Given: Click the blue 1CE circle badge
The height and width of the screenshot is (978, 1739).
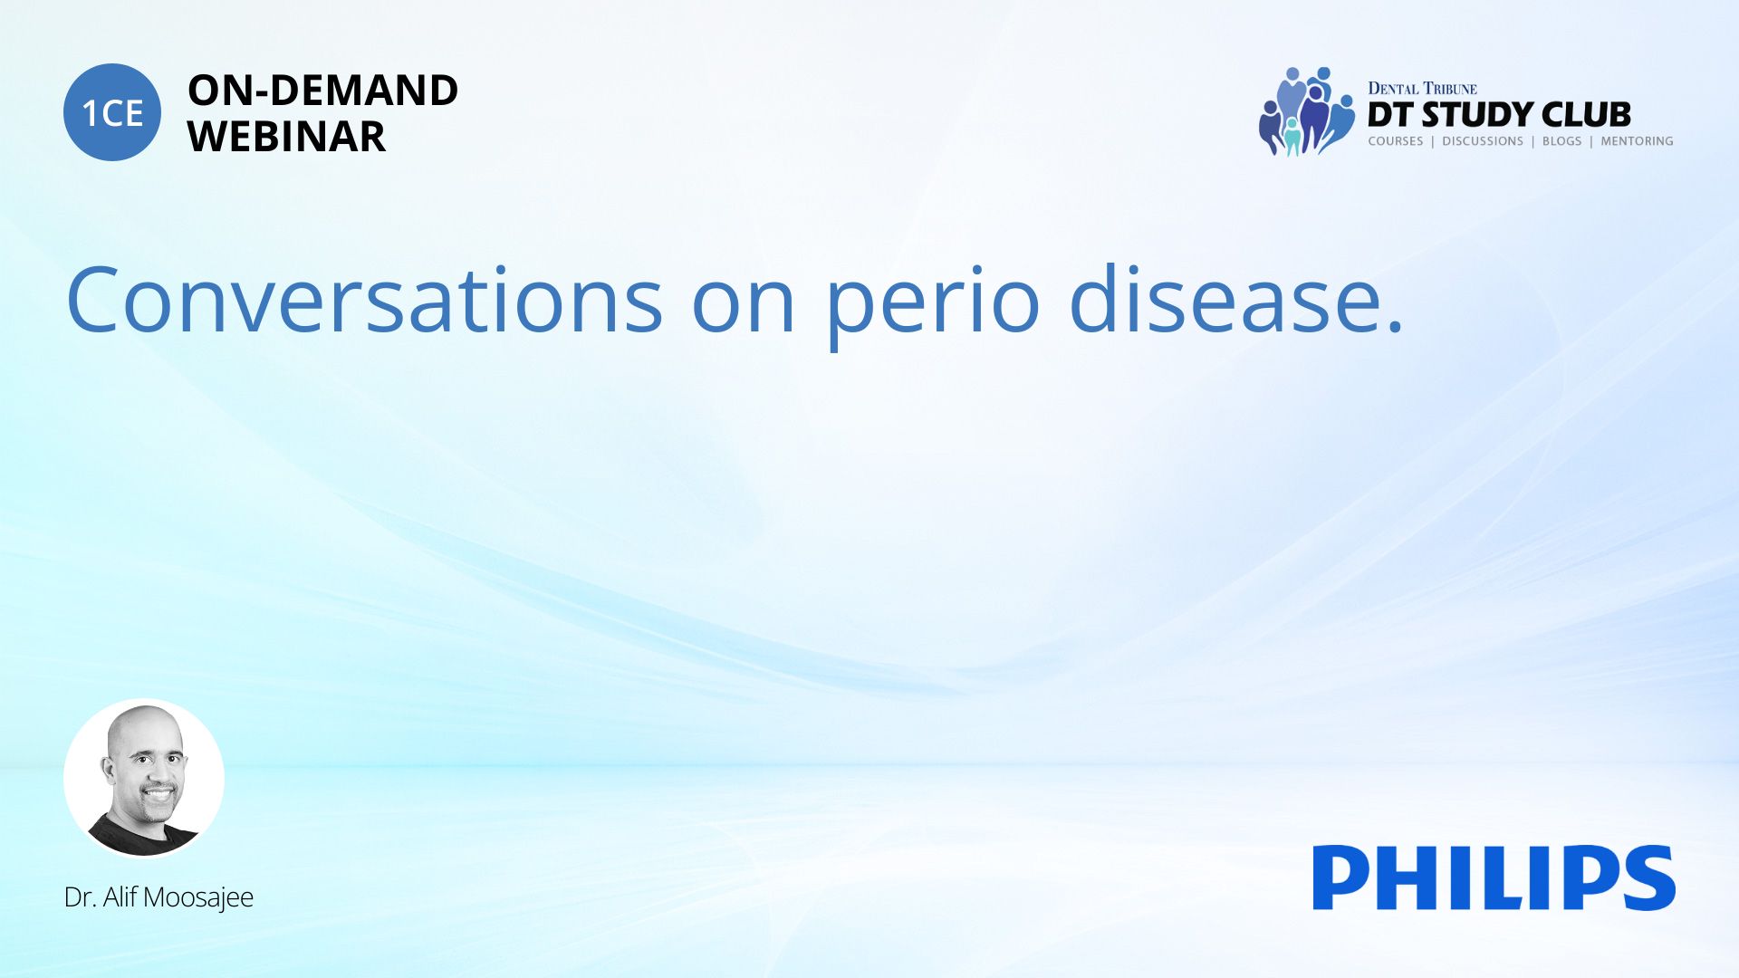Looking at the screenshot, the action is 112,112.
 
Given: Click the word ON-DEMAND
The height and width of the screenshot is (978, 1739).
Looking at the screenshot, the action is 322,91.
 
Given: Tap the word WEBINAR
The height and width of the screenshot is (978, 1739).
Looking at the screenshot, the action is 286,137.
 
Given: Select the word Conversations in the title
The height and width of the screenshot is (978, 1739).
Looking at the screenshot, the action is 365,300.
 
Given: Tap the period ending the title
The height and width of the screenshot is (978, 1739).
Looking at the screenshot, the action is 1395,327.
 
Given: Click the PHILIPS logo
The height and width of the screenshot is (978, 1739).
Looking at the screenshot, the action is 1494,877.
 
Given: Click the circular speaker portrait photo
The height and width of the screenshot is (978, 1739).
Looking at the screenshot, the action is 144,779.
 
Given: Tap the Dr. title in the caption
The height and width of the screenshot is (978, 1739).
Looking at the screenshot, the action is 80,897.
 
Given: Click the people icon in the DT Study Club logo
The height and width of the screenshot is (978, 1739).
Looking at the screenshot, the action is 1305,111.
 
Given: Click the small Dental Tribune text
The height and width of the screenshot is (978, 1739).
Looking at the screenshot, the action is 1422,89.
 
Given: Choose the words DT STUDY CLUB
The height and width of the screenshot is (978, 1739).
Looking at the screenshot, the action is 1499,115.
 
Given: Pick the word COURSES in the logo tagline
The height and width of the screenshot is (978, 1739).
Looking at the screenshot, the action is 1396,141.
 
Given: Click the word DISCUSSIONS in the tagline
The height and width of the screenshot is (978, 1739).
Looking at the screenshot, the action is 1483,141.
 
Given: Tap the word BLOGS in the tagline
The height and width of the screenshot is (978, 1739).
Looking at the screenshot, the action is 1561,141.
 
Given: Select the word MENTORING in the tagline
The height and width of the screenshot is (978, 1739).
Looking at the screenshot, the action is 1637,141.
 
